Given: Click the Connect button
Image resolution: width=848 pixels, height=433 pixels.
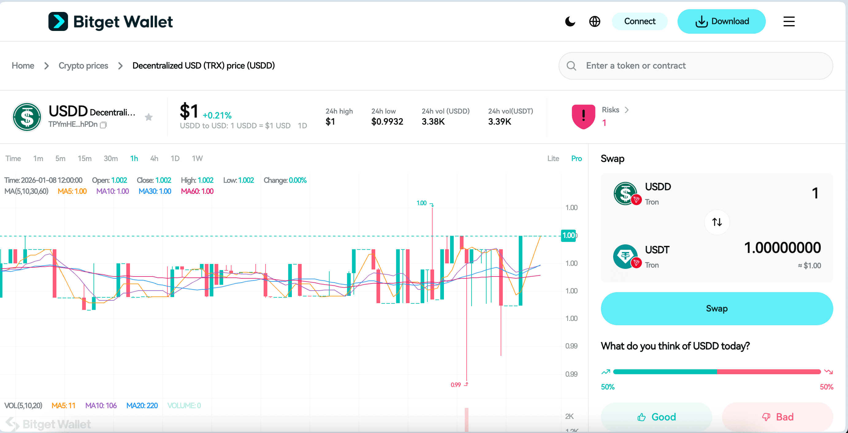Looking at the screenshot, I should [639, 21].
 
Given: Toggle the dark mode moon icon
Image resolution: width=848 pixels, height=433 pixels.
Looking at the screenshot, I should [570, 22].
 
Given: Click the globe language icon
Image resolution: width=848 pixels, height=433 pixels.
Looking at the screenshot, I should [594, 22].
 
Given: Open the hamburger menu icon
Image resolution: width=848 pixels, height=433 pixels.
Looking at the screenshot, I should [789, 22].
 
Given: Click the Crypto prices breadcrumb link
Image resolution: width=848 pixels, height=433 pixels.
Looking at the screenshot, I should [83, 66].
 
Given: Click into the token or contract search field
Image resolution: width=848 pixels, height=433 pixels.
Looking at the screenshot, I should [701, 66].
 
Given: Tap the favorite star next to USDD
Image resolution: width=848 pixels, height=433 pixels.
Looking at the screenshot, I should [149, 117].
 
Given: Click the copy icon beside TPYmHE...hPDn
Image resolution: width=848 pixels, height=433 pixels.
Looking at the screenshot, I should [103, 125].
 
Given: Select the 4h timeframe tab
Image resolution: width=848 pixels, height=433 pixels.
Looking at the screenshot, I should [154, 159].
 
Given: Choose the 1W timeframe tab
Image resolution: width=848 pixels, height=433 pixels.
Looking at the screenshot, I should [197, 159].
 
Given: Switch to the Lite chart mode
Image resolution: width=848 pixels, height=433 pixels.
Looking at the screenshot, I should [553, 159].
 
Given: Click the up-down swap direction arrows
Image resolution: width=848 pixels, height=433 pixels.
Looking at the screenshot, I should [717, 222].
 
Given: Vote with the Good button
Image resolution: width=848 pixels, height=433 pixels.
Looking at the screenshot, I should [656, 417].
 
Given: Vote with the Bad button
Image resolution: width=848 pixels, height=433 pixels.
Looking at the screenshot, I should [777, 417].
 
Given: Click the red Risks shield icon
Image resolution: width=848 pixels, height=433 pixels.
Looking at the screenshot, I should [583, 116].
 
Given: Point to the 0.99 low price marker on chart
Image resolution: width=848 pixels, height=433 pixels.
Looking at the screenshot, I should [456, 385].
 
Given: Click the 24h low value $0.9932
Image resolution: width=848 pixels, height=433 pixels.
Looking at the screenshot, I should [387, 122].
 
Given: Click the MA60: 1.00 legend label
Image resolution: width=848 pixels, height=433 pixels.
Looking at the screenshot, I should [197, 191].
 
